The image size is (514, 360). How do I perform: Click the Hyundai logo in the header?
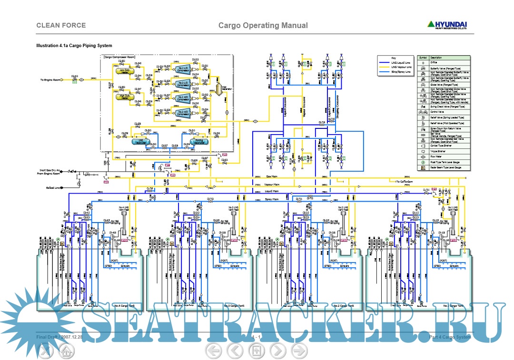click(446, 25)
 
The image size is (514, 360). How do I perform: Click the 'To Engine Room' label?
click(50, 80)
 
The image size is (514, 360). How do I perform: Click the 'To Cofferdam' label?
click(399, 181)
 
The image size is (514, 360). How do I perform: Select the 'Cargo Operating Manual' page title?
click(263, 26)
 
